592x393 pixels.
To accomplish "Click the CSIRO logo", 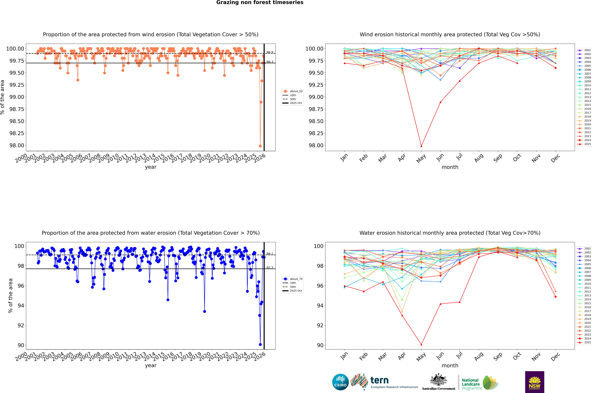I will pos(340,382).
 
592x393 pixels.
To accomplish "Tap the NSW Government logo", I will pos(535,382).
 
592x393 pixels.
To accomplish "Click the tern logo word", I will pos(379,380).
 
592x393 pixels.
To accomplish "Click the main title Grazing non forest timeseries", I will pos(260,2).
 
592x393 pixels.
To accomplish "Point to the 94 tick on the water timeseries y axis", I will pos(21,306).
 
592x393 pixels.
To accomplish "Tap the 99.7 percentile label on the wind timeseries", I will pos(270,62).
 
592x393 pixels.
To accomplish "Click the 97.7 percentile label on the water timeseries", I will pos(270,268).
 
